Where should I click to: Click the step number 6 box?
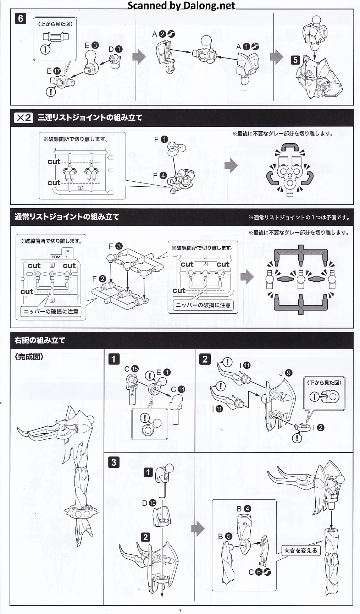coord(21,19)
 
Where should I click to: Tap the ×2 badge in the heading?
coord(23,117)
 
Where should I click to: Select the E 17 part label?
coord(54,71)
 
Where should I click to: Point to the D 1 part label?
coord(115,49)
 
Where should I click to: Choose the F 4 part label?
coord(160,175)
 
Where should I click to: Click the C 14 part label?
coord(178,389)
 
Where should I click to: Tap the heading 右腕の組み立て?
coord(40,340)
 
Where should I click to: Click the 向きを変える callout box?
coord(300,550)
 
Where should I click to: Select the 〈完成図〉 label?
coord(29,357)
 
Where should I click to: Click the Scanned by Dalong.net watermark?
coord(181,5)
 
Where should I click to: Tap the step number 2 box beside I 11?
coord(205,359)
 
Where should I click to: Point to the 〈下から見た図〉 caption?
coord(324,383)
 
